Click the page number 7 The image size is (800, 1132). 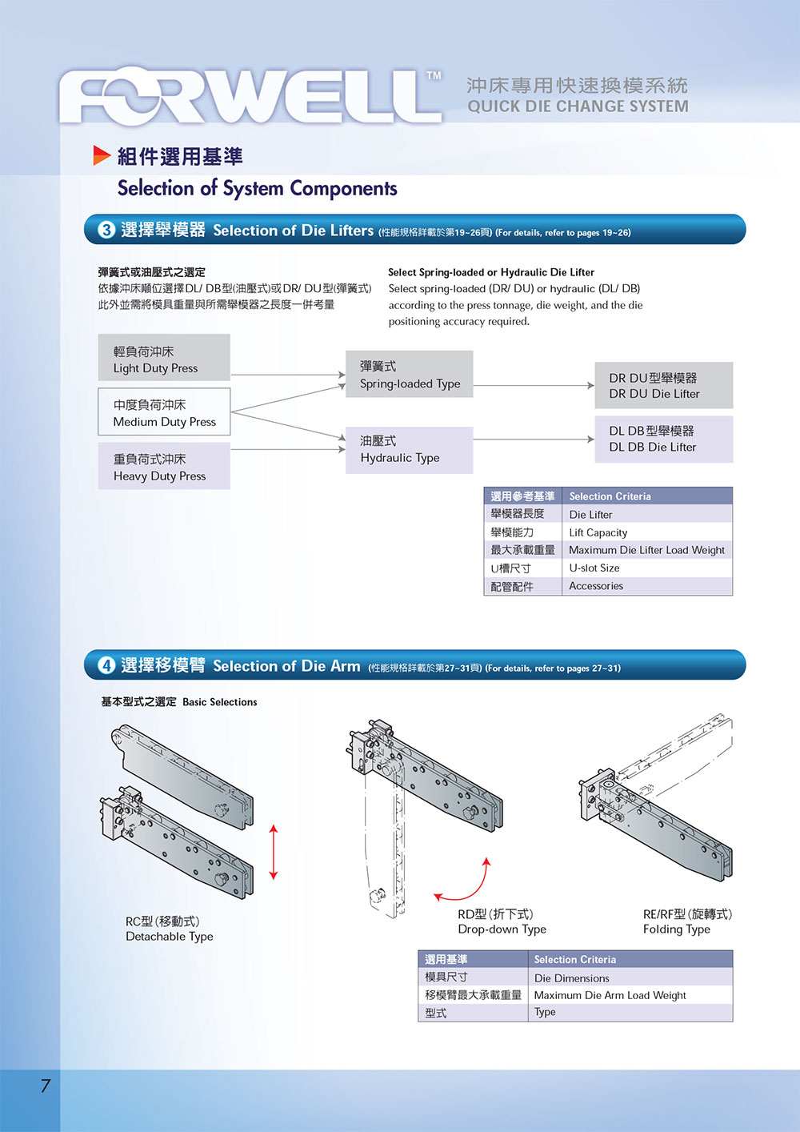click(x=46, y=1086)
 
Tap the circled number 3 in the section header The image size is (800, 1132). click(x=106, y=230)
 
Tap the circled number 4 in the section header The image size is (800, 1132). click(x=106, y=665)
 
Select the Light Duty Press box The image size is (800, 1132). click(x=164, y=358)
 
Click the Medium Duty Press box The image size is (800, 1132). click(x=164, y=412)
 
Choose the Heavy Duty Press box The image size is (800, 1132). click(x=164, y=467)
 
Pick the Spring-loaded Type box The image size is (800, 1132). click(x=409, y=375)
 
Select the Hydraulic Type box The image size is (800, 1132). click(x=409, y=449)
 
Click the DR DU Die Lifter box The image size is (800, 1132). click(x=664, y=385)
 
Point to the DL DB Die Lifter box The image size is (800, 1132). click(x=664, y=439)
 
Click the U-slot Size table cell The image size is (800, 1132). click(x=646, y=568)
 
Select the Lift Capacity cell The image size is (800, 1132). click(x=646, y=532)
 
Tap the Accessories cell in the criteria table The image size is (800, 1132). click(x=646, y=586)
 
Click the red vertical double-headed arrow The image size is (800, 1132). click(x=274, y=852)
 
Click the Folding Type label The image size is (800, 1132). click(x=676, y=929)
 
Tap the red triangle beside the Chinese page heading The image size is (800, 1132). click(x=102, y=155)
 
